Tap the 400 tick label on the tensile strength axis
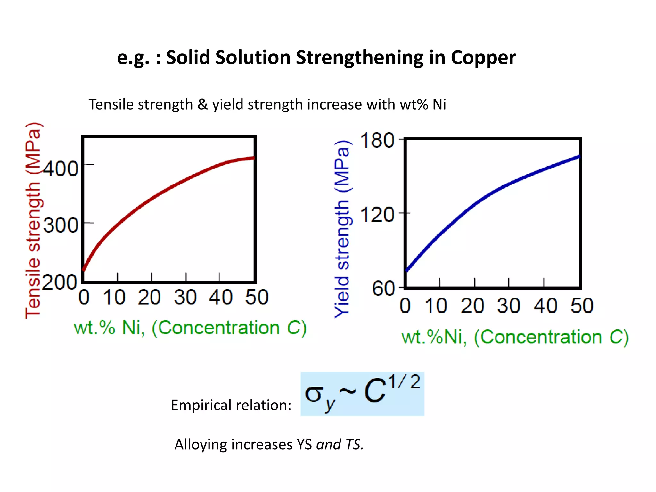pyautogui.click(x=61, y=169)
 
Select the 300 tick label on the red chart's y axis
pyautogui.click(x=61, y=225)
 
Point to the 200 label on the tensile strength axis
pyautogui.click(x=60, y=282)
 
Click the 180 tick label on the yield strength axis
pyautogui.click(x=377, y=140)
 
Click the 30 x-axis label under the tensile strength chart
pyautogui.click(x=185, y=297)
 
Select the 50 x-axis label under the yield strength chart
pyautogui.click(x=582, y=306)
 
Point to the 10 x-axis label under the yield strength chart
pyautogui.click(x=436, y=306)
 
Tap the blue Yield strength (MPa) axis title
pyautogui.click(x=342, y=229)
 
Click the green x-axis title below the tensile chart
pyautogui.click(x=190, y=328)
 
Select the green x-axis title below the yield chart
pyautogui.click(x=515, y=337)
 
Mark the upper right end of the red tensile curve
pyautogui.click(x=253, y=158)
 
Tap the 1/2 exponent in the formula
pyautogui.click(x=404, y=382)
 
